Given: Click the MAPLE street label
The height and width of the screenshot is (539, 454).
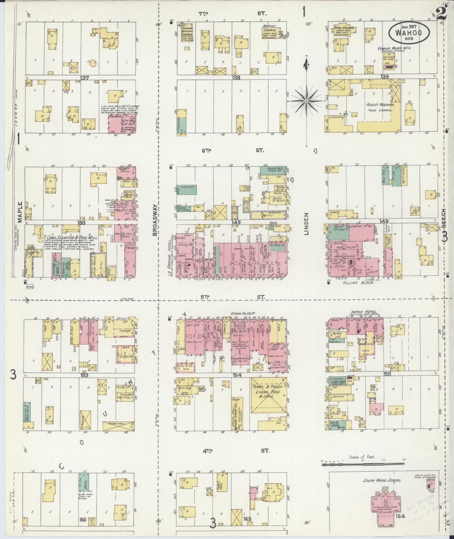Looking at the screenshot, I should tap(20, 212).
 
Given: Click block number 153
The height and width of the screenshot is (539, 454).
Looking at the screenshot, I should tap(84, 375).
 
